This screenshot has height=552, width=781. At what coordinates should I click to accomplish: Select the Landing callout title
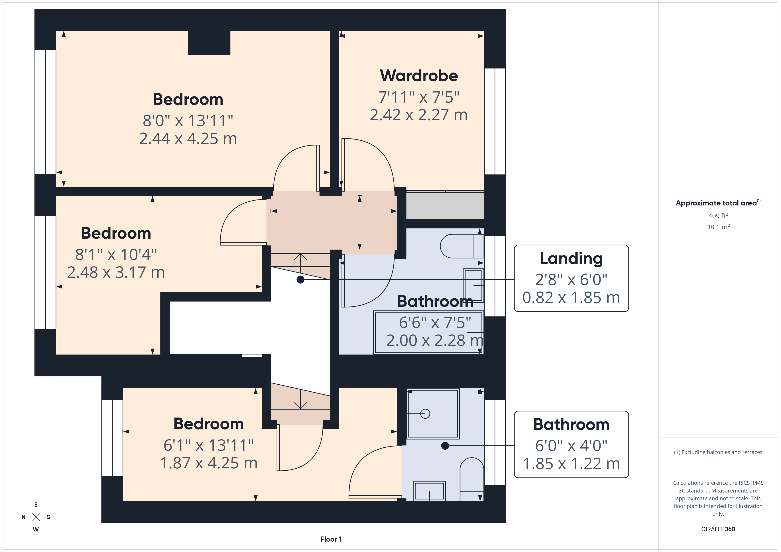pyautogui.click(x=571, y=259)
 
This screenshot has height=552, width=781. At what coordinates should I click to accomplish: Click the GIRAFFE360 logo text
pyautogui.click(x=718, y=529)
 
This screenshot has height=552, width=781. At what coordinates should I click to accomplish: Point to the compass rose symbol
pyautogui.click(x=36, y=517)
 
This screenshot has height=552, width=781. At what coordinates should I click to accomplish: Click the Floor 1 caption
pyautogui.click(x=331, y=539)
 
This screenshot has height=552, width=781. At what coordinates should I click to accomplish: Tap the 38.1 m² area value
pyautogui.click(x=718, y=227)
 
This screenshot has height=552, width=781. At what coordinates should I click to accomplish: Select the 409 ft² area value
pyautogui.click(x=718, y=216)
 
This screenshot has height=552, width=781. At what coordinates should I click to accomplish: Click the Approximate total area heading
pyautogui.click(x=718, y=203)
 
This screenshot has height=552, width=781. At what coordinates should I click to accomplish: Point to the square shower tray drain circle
pyautogui.click(x=425, y=414)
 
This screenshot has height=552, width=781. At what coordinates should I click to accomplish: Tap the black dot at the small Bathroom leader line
pyautogui.click(x=445, y=446)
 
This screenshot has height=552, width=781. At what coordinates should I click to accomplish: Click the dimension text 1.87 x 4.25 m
pyautogui.click(x=209, y=463)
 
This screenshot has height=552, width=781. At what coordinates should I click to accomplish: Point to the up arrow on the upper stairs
pyautogui.click(x=300, y=263)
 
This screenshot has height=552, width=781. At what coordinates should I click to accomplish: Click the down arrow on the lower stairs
pyautogui.click(x=300, y=399)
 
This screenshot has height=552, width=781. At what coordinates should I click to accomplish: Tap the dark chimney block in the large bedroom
pyautogui.click(x=209, y=42)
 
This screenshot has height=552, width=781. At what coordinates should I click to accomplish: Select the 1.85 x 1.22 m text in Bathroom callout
pyautogui.click(x=571, y=464)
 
